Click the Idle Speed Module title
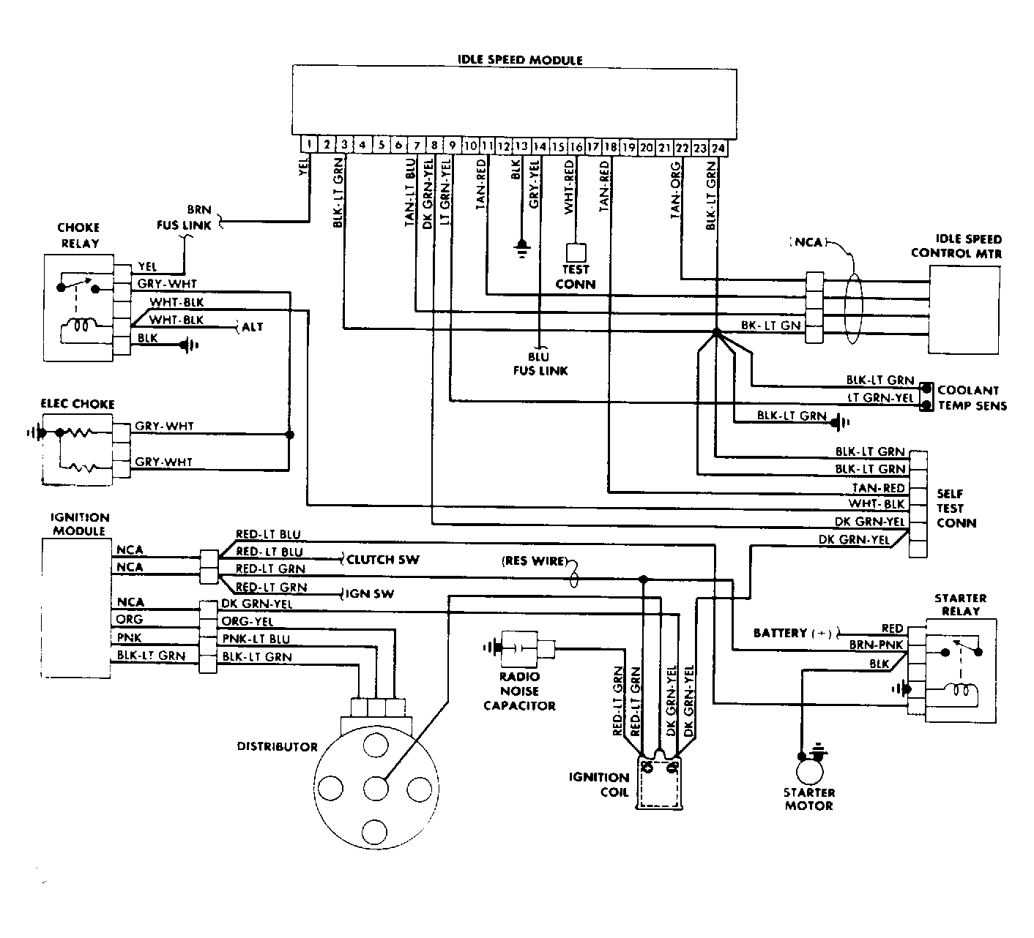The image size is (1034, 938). click(520, 60)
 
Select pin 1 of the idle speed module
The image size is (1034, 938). click(309, 144)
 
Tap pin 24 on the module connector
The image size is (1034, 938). click(718, 149)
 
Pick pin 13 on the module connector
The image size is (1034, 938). click(521, 146)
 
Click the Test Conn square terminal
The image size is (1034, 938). click(576, 252)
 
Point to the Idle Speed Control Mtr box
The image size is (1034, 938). click(964, 309)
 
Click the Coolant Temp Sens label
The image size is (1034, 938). click(972, 397)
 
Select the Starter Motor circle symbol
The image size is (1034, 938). click(810, 771)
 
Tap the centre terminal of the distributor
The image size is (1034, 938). click(376, 788)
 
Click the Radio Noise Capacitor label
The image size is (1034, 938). click(520, 691)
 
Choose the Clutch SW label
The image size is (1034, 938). click(382, 560)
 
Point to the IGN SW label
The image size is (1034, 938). click(369, 593)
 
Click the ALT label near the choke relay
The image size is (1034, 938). click(253, 326)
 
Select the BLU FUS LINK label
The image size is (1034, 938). click(540, 364)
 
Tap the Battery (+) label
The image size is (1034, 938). click(792, 633)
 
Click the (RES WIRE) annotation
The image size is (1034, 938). click(534, 560)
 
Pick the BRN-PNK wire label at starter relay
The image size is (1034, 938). click(877, 645)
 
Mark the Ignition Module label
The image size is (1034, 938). click(79, 524)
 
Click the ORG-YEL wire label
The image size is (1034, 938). click(248, 621)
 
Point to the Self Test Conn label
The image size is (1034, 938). click(956, 509)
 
